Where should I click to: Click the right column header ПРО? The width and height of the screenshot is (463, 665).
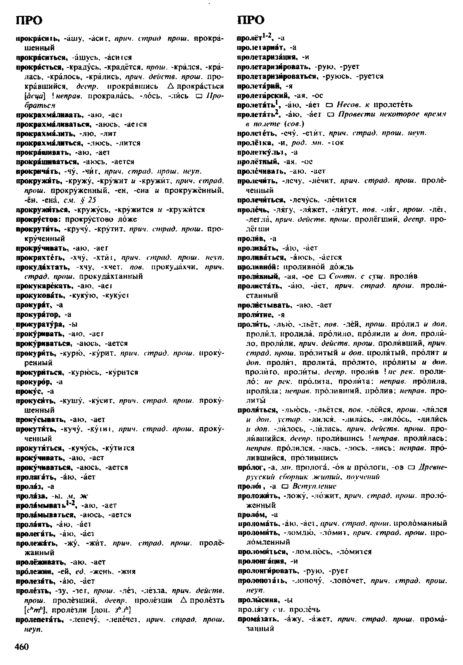pos(251,20)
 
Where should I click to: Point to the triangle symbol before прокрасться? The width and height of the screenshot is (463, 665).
pos(170,86)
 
